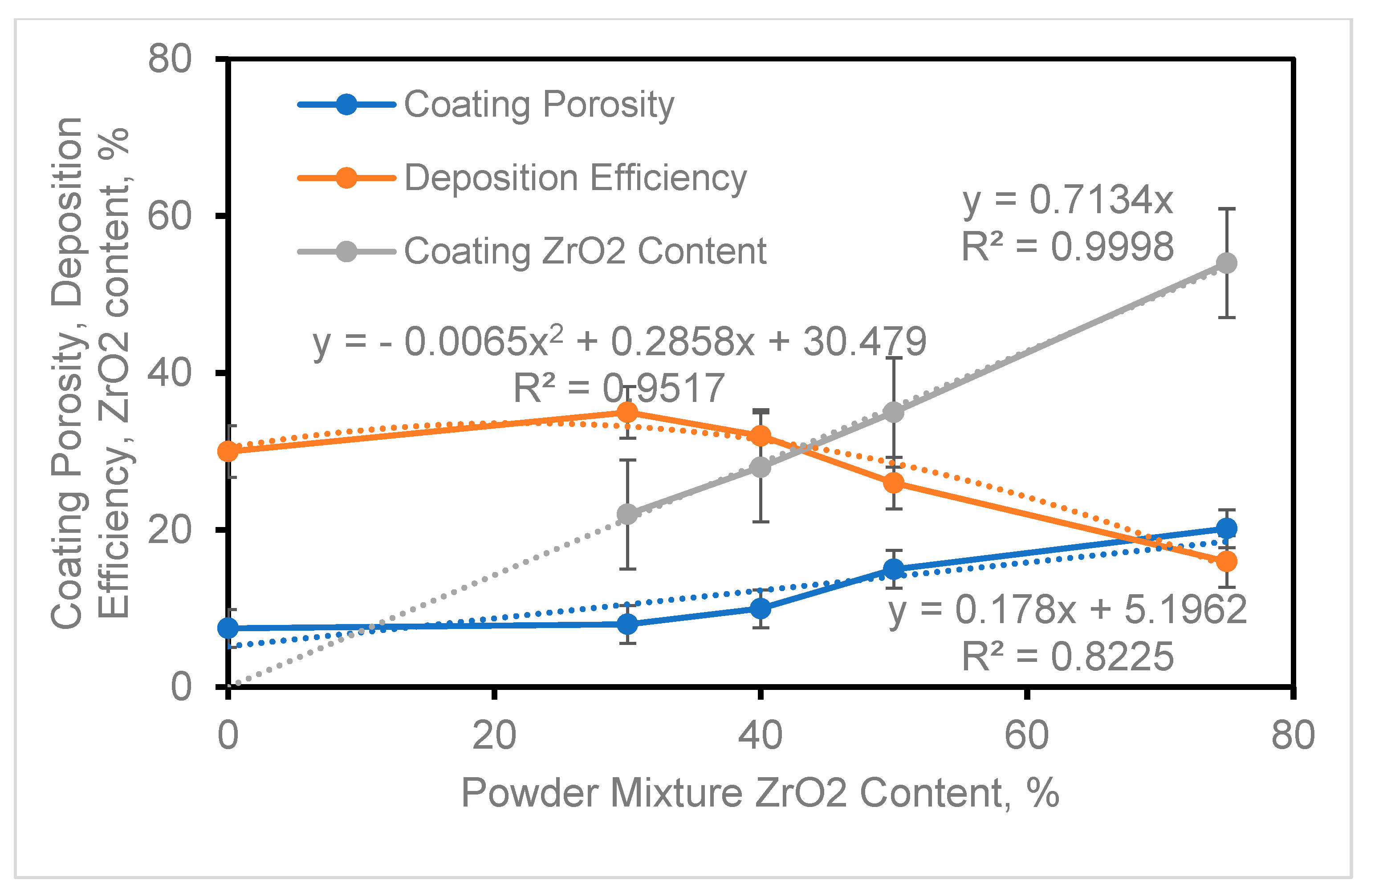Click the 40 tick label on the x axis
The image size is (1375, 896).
coord(760,736)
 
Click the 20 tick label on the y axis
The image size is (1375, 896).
coord(169,530)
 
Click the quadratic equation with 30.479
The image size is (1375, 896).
coord(619,341)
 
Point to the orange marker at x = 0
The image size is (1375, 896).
coord(228,451)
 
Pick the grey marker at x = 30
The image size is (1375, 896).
coord(627,514)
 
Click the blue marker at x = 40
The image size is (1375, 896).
coord(760,608)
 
